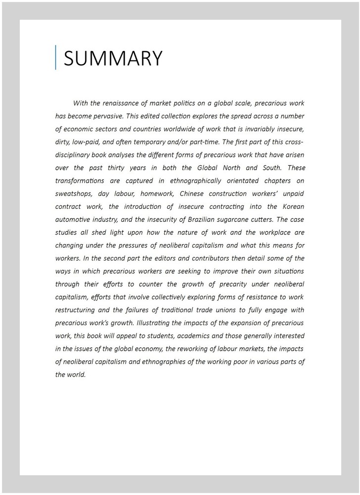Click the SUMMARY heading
click(113, 58)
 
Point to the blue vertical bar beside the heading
click(56, 57)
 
